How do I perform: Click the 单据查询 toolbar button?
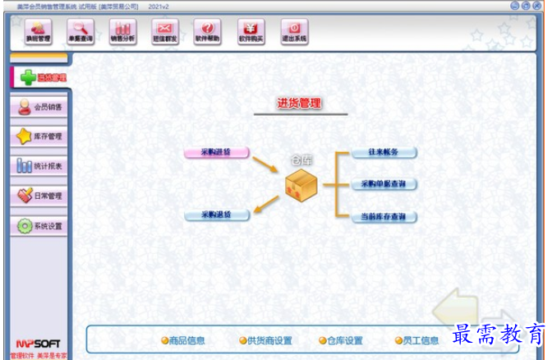point(80,31)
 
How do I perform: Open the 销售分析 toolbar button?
point(122,31)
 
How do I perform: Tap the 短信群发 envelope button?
point(165,31)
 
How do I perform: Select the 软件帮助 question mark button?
point(208,31)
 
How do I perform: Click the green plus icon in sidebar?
point(27,77)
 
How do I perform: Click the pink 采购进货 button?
point(217,152)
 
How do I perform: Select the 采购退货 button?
point(217,215)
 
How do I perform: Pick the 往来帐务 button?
point(384,152)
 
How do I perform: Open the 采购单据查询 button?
point(384,184)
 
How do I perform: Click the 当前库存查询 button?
point(384,217)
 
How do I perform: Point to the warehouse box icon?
point(301,186)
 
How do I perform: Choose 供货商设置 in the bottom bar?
point(266,340)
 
